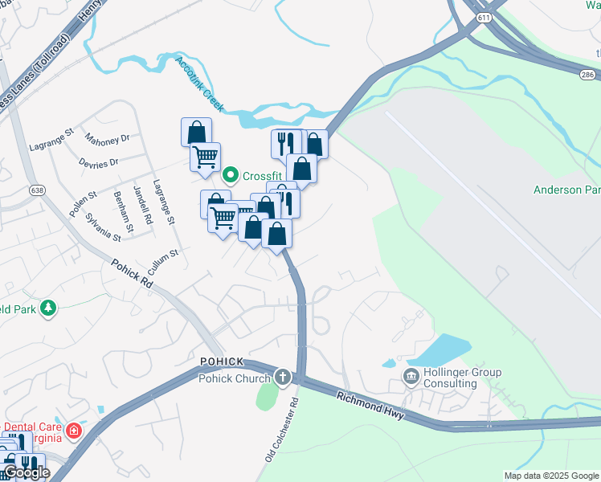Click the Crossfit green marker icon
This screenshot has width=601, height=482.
230,174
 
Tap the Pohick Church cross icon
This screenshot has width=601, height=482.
282,377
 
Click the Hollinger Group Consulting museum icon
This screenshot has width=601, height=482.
411,375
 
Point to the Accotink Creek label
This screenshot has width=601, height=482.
200,85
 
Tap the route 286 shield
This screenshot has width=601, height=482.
588,74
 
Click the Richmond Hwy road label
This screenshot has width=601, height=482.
372,403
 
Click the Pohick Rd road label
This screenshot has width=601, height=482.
132,273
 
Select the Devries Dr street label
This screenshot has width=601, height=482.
99,162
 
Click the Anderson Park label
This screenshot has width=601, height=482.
566,190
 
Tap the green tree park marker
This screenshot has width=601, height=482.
49,308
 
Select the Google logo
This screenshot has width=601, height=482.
26,472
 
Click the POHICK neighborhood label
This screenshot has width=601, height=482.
222,361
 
